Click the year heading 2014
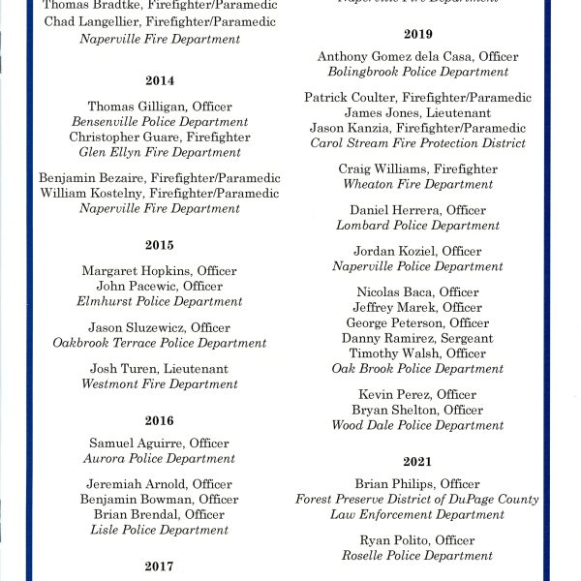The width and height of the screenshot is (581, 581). pos(160,80)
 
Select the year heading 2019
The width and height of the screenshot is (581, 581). pos(417,34)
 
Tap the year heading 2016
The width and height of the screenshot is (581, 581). pos(160,420)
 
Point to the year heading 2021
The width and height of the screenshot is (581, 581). pos(417,462)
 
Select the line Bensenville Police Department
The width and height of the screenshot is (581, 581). pos(160,122)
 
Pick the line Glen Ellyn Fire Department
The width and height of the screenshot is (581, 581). pos(160,153)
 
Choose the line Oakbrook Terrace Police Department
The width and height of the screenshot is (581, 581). pos(160,343)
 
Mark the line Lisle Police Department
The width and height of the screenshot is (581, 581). pos(160,531)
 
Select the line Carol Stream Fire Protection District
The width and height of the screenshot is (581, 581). pos(417,143)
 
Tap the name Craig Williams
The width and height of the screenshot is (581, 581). pos(382,169)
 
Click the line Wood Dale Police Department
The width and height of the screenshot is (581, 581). pos(417,425)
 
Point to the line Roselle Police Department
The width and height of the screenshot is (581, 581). pos(417,556)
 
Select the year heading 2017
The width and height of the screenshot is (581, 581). pos(160,566)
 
